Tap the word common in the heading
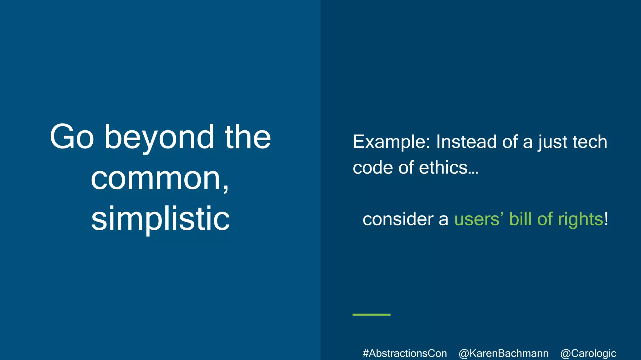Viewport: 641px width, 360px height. pyautogui.click(x=156, y=179)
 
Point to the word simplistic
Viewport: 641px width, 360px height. pyautogui.click(x=160, y=219)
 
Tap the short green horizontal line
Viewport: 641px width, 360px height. pyautogui.click(x=371, y=315)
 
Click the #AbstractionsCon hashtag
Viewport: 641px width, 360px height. pyautogui.click(x=405, y=353)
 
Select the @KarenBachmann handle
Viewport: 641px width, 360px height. pyautogui.click(x=503, y=353)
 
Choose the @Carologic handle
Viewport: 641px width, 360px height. pyautogui.click(x=588, y=353)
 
